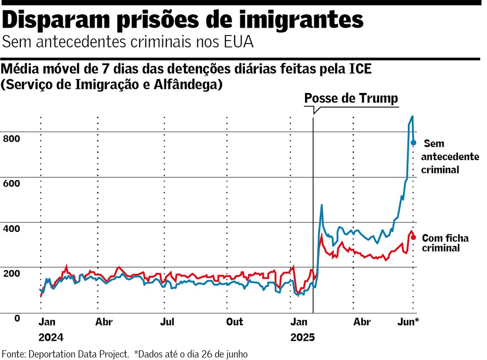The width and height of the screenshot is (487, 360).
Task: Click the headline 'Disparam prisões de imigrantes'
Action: pyautogui.click(x=183, y=20)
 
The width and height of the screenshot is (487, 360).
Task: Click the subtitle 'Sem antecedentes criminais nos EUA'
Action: pyautogui.click(x=128, y=43)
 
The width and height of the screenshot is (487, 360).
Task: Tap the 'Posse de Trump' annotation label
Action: pyautogui.click(x=350, y=98)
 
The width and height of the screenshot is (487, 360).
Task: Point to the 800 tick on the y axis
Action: pyautogui.click(x=11, y=138)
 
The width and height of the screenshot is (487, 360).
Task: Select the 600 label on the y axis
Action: pyautogui.click(x=11, y=183)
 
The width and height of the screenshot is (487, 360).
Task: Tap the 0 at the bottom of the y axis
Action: pyautogui.click(x=17, y=318)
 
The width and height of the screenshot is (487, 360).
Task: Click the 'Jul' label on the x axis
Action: pyautogui.click(x=167, y=322)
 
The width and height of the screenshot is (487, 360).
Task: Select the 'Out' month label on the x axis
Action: pyautogui.click(x=235, y=322)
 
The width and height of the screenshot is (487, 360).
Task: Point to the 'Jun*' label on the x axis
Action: pyautogui.click(x=409, y=322)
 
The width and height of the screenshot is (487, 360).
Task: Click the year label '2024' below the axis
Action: pyautogui.click(x=51, y=338)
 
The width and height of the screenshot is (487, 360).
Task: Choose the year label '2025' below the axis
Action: pyautogui.click(x=302, y=338)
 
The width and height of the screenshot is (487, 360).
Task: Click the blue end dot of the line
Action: pyautogui.click(x=414, y=143)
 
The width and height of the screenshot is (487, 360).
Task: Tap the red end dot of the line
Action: pyautogui.click(x=414, y=237)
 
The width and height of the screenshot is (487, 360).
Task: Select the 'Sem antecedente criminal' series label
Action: pyautogui.click(x=450, y=157)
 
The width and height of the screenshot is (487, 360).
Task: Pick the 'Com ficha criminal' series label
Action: pyautogui.click(x=445, y=243)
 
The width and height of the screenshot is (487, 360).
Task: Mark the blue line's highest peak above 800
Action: pyautogui.click(x=412, y=117)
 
